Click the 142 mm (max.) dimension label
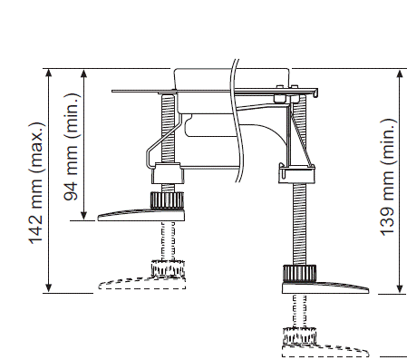coord(37,183)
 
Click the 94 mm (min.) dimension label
coord(73,147)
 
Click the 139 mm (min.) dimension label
coord(388,177)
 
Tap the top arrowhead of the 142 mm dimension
coord(49,73)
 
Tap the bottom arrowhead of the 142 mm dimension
coord(49,288)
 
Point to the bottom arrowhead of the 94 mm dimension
coord(84,216)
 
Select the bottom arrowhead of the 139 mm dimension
coord(400,289)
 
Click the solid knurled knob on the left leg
coord(167,199)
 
